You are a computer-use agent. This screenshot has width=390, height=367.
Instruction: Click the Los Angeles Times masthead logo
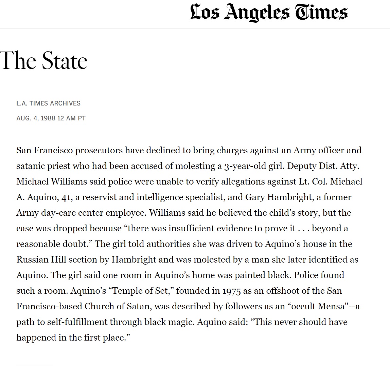pyautogui.click(x=268, y=13)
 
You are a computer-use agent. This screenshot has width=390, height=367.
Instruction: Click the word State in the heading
pyautogui.click(x=65, y=61)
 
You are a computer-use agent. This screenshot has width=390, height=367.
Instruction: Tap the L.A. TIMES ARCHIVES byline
pyautogui.click(x=48, y=103)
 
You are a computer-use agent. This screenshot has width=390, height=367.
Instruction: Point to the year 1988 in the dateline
pyautogui.click(x=48, y=118)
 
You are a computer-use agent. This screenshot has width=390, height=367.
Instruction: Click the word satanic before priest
pyautogui.click(x=30, y=166)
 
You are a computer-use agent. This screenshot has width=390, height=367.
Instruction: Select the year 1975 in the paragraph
pyautogui.click(x=233, y=291)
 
